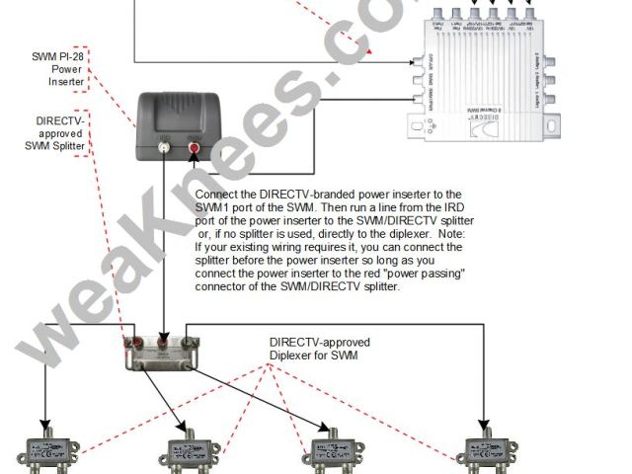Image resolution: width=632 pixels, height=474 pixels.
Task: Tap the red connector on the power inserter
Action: point(194,149)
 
